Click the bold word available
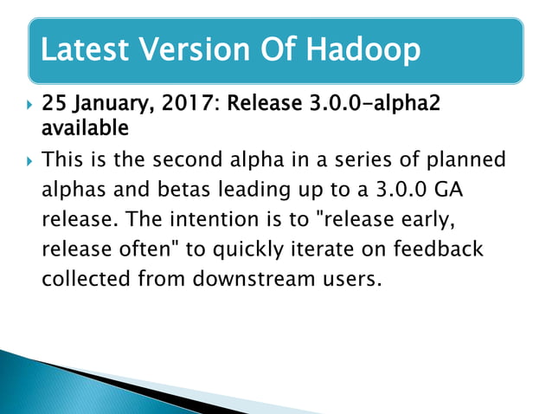tap(85, 129)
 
